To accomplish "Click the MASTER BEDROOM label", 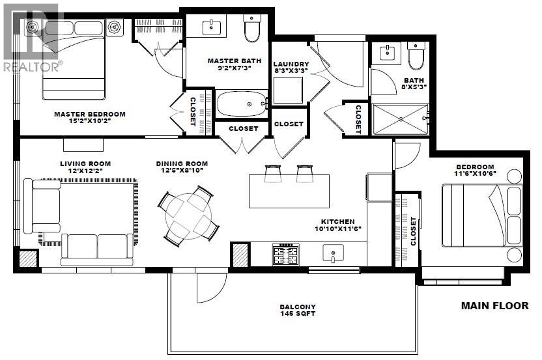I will coord(89,114).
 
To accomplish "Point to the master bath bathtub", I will coord(241,104).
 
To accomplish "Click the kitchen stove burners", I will coord(285,255).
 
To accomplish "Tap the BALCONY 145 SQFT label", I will coord(298,311).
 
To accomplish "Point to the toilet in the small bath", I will coord(415,59).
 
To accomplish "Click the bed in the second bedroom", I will coord(482,215).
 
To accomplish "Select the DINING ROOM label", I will coord(182,163).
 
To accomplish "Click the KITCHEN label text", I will coord(337,221).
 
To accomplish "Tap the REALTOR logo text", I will coord(33,66).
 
